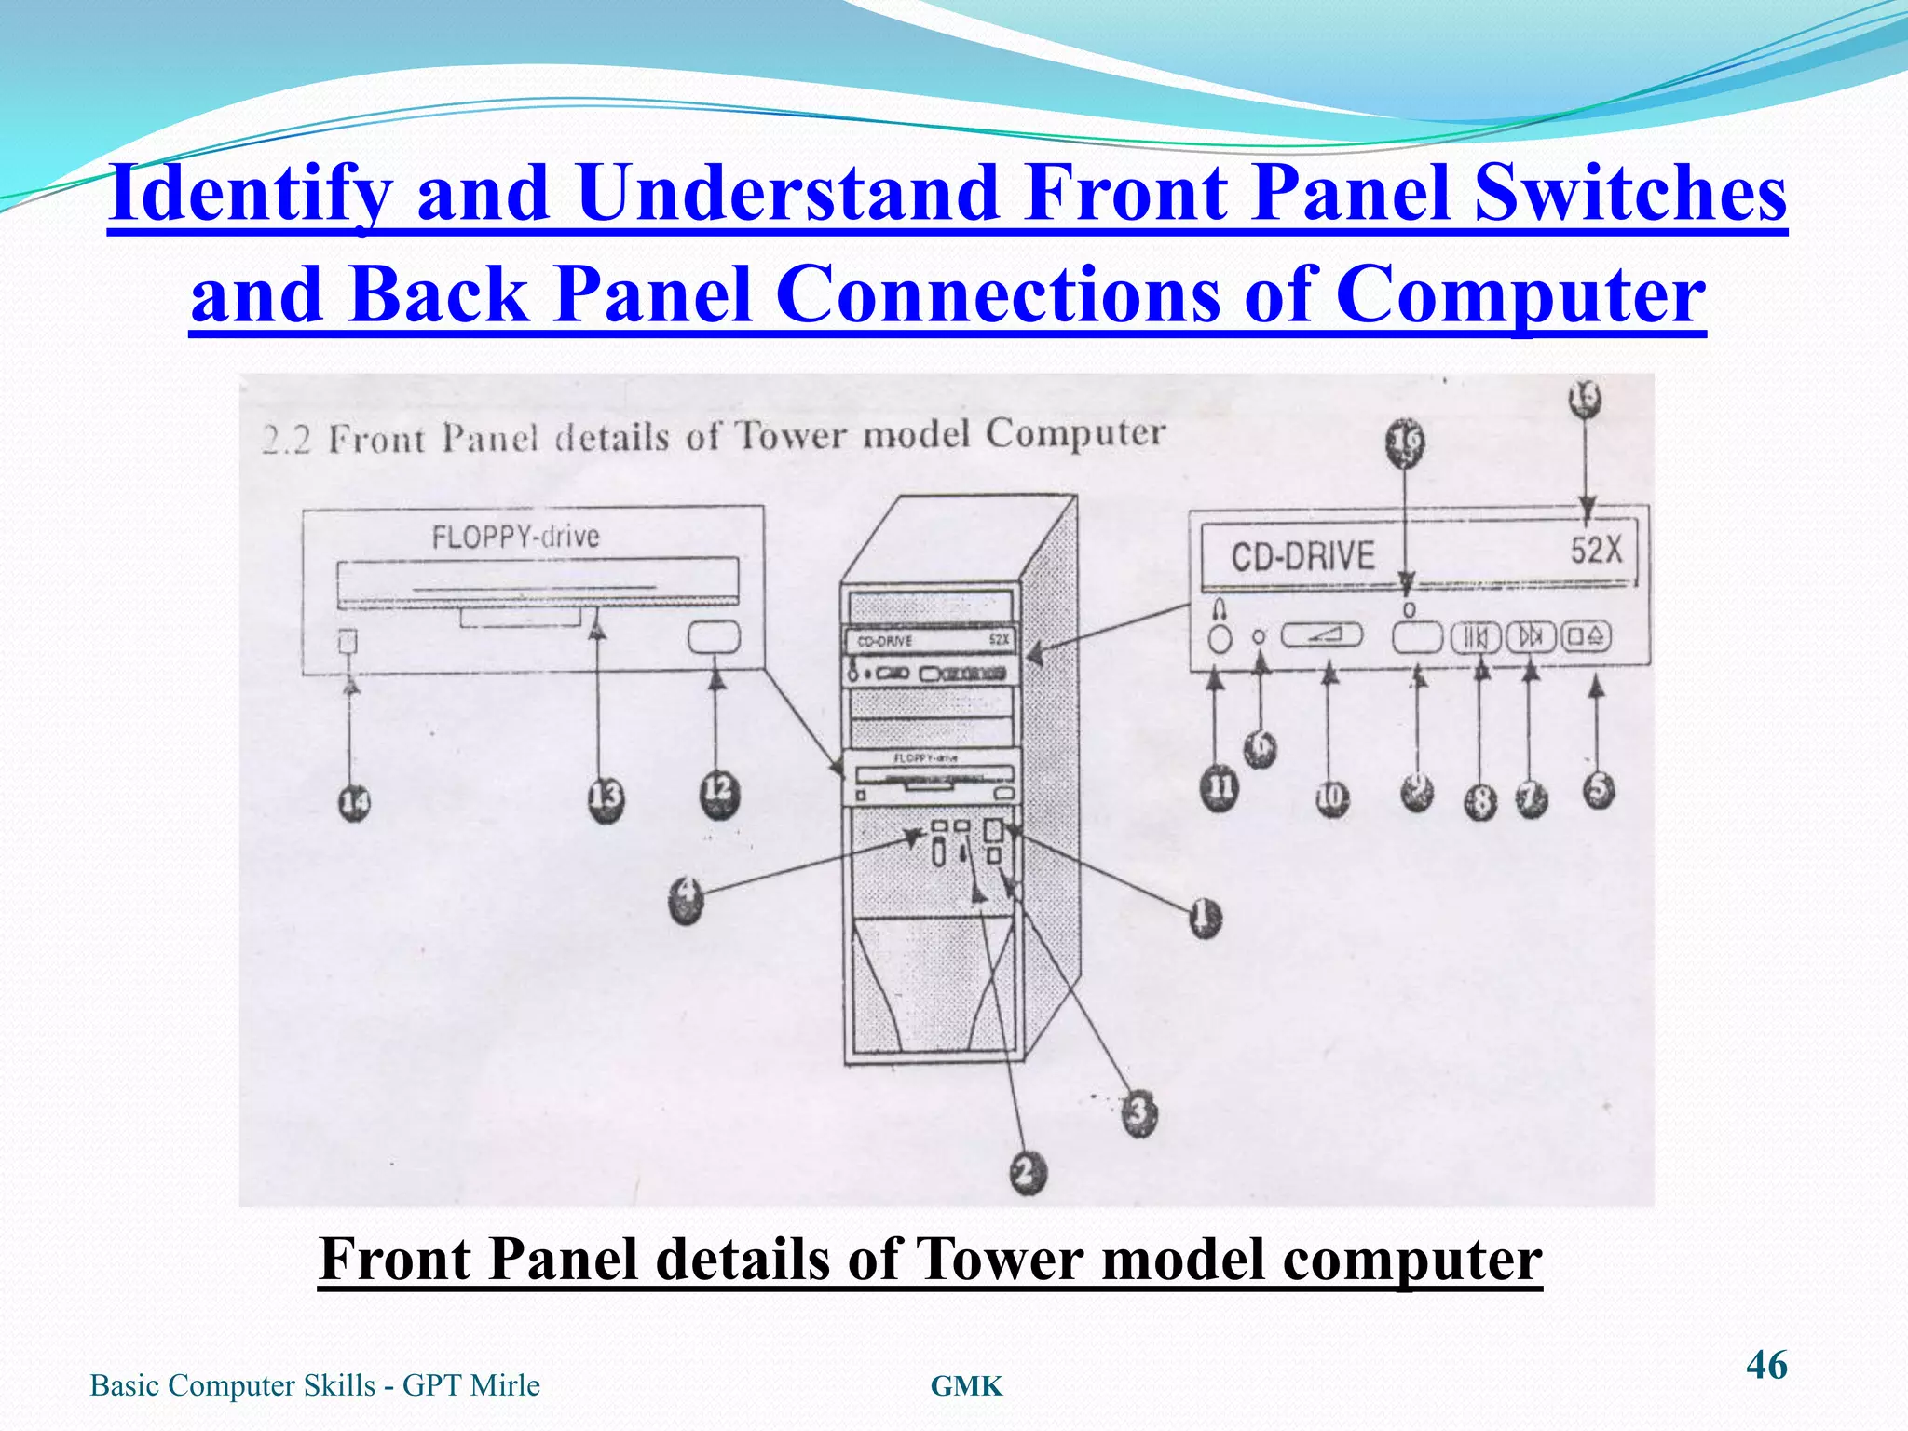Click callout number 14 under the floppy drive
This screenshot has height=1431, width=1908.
[354, 802]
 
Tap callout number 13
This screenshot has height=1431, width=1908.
[606, 798]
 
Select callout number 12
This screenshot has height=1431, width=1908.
[719, 793]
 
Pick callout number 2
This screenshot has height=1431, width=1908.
[1027, 1171]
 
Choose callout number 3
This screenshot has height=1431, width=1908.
[1138, 1112]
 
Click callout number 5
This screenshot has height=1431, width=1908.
[1599, 790]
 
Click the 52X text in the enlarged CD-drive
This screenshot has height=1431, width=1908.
[1596, 550]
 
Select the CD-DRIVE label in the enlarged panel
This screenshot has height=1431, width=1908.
[1302, 557]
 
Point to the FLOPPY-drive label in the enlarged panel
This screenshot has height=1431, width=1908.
[515, 537]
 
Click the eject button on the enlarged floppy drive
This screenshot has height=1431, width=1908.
[714, 637]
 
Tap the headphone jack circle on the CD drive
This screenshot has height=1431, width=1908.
[1220, 639]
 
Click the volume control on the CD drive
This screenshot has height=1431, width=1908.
[1322, 636]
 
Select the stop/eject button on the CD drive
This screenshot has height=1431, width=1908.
[1587, 637]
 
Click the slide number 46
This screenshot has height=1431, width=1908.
[1766, 1365]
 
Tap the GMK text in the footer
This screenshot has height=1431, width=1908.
[966, 1386]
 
